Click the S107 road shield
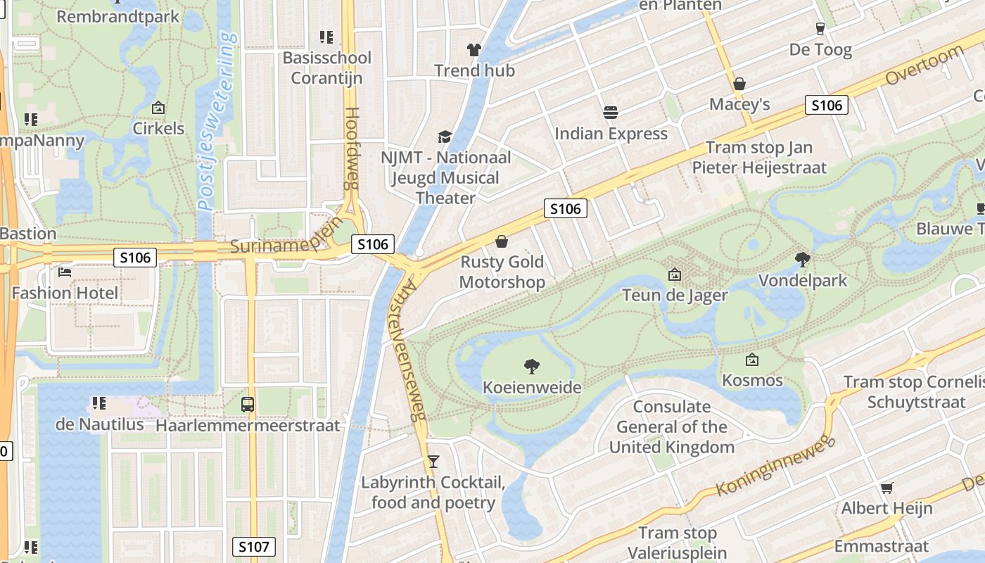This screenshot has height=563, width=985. [253, 546]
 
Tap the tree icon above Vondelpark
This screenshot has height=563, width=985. [802, 260]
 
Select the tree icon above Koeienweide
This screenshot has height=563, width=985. [532, 366]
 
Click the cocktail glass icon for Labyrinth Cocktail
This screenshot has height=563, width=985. [433, 462]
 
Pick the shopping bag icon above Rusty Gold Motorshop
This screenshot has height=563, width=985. [502, 242]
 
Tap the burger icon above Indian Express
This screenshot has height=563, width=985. [611, 113]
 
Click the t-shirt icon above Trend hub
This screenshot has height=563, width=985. [474, 50]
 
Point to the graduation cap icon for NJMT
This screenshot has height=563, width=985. [445, 136]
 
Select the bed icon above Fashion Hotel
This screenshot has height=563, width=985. [65, 272]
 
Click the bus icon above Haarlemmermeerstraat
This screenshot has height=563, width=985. [247, 405]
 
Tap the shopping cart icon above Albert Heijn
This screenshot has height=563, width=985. [887, 488]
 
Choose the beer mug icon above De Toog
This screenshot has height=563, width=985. [820, 29]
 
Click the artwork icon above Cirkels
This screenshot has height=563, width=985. [158, 108]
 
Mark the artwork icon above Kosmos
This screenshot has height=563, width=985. [751, 360]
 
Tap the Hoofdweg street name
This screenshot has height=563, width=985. [352, 148]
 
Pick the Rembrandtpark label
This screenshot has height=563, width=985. [118, 15]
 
